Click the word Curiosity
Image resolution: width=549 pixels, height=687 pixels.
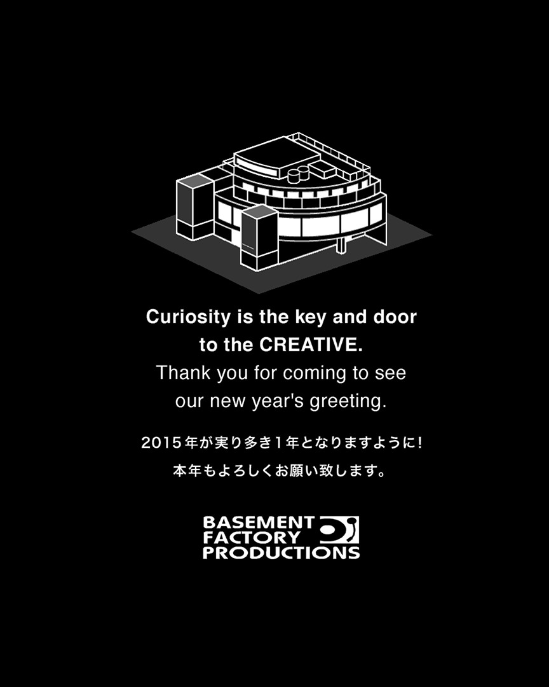pos(188,317)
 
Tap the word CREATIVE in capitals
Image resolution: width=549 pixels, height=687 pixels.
pos(311,345)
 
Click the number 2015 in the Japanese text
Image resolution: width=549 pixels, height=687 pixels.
pos(161,443)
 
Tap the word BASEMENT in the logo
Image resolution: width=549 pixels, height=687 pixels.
pos(259,523)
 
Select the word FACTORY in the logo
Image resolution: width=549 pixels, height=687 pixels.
pos(252,538)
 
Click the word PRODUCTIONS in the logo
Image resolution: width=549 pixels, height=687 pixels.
pos(281,553)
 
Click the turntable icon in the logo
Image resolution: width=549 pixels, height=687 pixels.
pos(339,530)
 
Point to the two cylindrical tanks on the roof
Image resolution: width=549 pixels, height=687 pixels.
pos(299,174)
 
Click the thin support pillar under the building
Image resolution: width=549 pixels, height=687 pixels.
pos(340,246)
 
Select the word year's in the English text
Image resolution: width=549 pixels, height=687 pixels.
pos(278,402)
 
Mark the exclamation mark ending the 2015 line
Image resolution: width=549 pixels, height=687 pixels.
pos(420,443)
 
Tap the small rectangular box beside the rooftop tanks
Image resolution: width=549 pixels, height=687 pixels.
pos(323,170)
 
